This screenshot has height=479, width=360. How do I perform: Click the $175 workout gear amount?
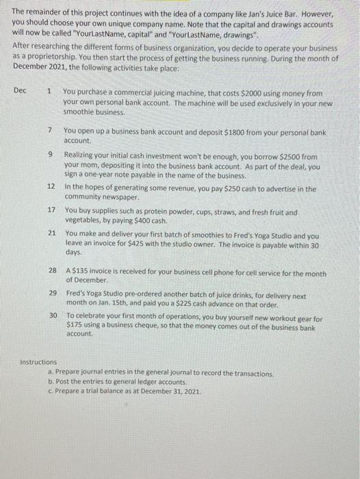pyautogui.click(x=77, y=326)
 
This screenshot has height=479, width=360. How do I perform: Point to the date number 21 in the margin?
pyautogui.click(x=52, y=233)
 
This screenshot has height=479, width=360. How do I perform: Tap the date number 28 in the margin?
pyautogui.click(x=52, y=272)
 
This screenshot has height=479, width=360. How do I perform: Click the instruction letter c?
pyautogui.click(x=50, y=391)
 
